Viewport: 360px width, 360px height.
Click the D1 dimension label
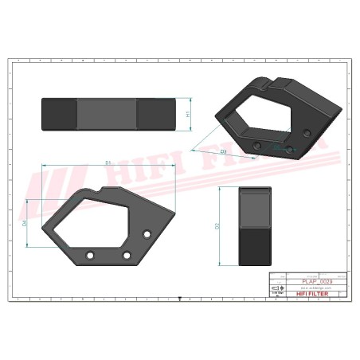point(108,162)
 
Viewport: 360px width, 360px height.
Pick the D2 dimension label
point(217,226)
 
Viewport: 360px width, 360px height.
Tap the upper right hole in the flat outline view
point(147,233)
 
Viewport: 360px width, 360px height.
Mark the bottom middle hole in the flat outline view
point(127,255)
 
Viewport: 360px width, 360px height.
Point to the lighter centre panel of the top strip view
point(107,114)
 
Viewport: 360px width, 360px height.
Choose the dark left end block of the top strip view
point(60,114)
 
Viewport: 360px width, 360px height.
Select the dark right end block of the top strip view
point(155,114)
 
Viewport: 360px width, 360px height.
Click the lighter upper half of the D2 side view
point(255,206)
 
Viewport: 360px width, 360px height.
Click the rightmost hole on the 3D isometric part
point(307,132)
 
